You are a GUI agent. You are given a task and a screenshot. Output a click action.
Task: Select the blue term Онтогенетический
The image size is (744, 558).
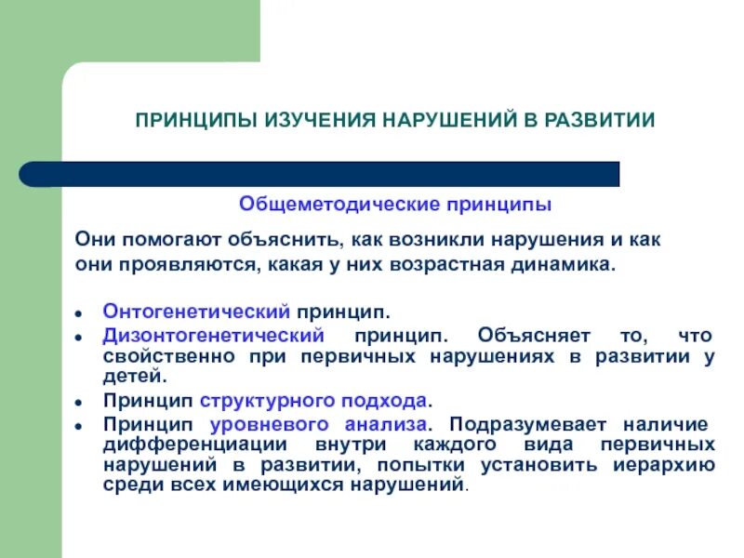(x=196, y=310)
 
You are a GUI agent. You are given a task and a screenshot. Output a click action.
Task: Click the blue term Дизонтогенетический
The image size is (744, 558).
(x=213, y=334)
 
